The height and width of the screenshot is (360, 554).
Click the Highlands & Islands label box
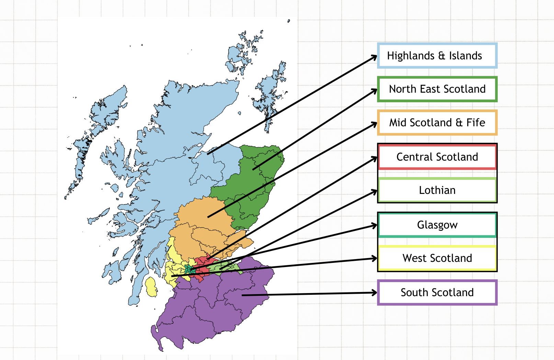[437, 56]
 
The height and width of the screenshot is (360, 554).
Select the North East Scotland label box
[437, 89]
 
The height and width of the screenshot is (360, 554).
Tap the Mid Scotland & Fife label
[437, 123]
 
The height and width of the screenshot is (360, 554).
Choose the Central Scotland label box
[437, 157]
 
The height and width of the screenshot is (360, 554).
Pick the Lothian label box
[437, 190]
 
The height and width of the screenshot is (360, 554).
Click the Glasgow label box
[437, 225]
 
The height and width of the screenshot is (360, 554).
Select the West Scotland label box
[437, 258]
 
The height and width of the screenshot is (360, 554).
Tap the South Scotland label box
[437, 292]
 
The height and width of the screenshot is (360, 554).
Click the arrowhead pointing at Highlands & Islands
[374, 57]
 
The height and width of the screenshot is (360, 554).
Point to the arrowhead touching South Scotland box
[374, 293]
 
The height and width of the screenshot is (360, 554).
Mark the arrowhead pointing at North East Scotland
[374, 91]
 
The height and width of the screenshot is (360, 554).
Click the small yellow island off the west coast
[151, 287]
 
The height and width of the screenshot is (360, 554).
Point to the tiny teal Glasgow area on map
[189, 270]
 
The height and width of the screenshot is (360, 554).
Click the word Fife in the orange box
[476, 123]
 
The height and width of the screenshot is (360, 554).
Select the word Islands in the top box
[465, 56]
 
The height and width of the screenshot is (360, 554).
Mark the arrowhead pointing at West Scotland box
[374, 258]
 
